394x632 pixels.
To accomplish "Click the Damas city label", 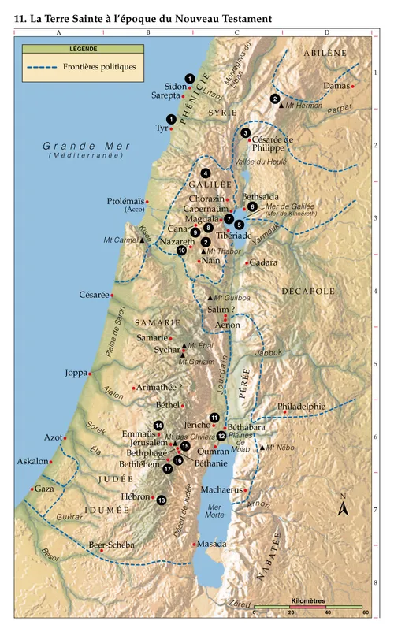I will tap(334, 86).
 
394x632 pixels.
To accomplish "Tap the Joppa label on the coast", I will tap(76, 373).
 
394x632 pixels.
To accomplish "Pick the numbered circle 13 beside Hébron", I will tap(162, 500).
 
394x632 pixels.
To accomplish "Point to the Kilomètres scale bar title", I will tap(308, 600).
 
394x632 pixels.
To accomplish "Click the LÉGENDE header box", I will tap(78, 49).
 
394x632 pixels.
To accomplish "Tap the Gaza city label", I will tap(44, 489).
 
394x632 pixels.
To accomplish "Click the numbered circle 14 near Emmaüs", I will tap(158, 426).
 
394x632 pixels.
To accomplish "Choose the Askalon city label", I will tap(32, 462).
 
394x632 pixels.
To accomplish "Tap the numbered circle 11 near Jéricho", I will tap(214, 417).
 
